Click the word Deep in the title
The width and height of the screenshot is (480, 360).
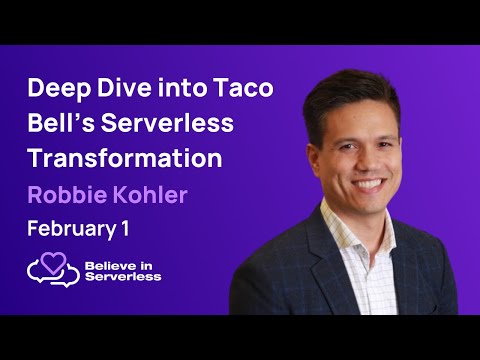[59, 89]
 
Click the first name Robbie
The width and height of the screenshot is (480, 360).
[64, 194]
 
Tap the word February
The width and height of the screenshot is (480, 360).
[69, 228]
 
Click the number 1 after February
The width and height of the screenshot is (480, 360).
[126, 228]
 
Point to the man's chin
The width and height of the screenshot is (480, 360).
[371, 207]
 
